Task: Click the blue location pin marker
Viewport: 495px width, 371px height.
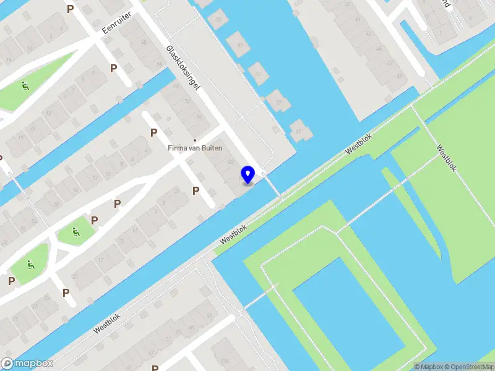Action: coord(248,175)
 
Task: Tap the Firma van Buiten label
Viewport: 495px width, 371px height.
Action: coord(195,148)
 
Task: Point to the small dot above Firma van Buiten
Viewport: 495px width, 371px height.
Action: coord(195,140)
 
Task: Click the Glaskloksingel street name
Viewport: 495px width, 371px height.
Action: coord(184,69)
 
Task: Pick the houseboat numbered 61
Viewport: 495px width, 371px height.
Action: coord(299,130)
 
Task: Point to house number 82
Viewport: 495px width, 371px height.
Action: coord(231,162)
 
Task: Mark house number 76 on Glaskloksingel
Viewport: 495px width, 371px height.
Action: coord(199,116)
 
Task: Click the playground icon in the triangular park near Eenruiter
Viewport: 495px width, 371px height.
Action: coord(25,87)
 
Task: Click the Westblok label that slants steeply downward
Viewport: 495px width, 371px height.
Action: coord(446,158)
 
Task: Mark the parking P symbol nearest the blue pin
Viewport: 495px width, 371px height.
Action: coord(196,190)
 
